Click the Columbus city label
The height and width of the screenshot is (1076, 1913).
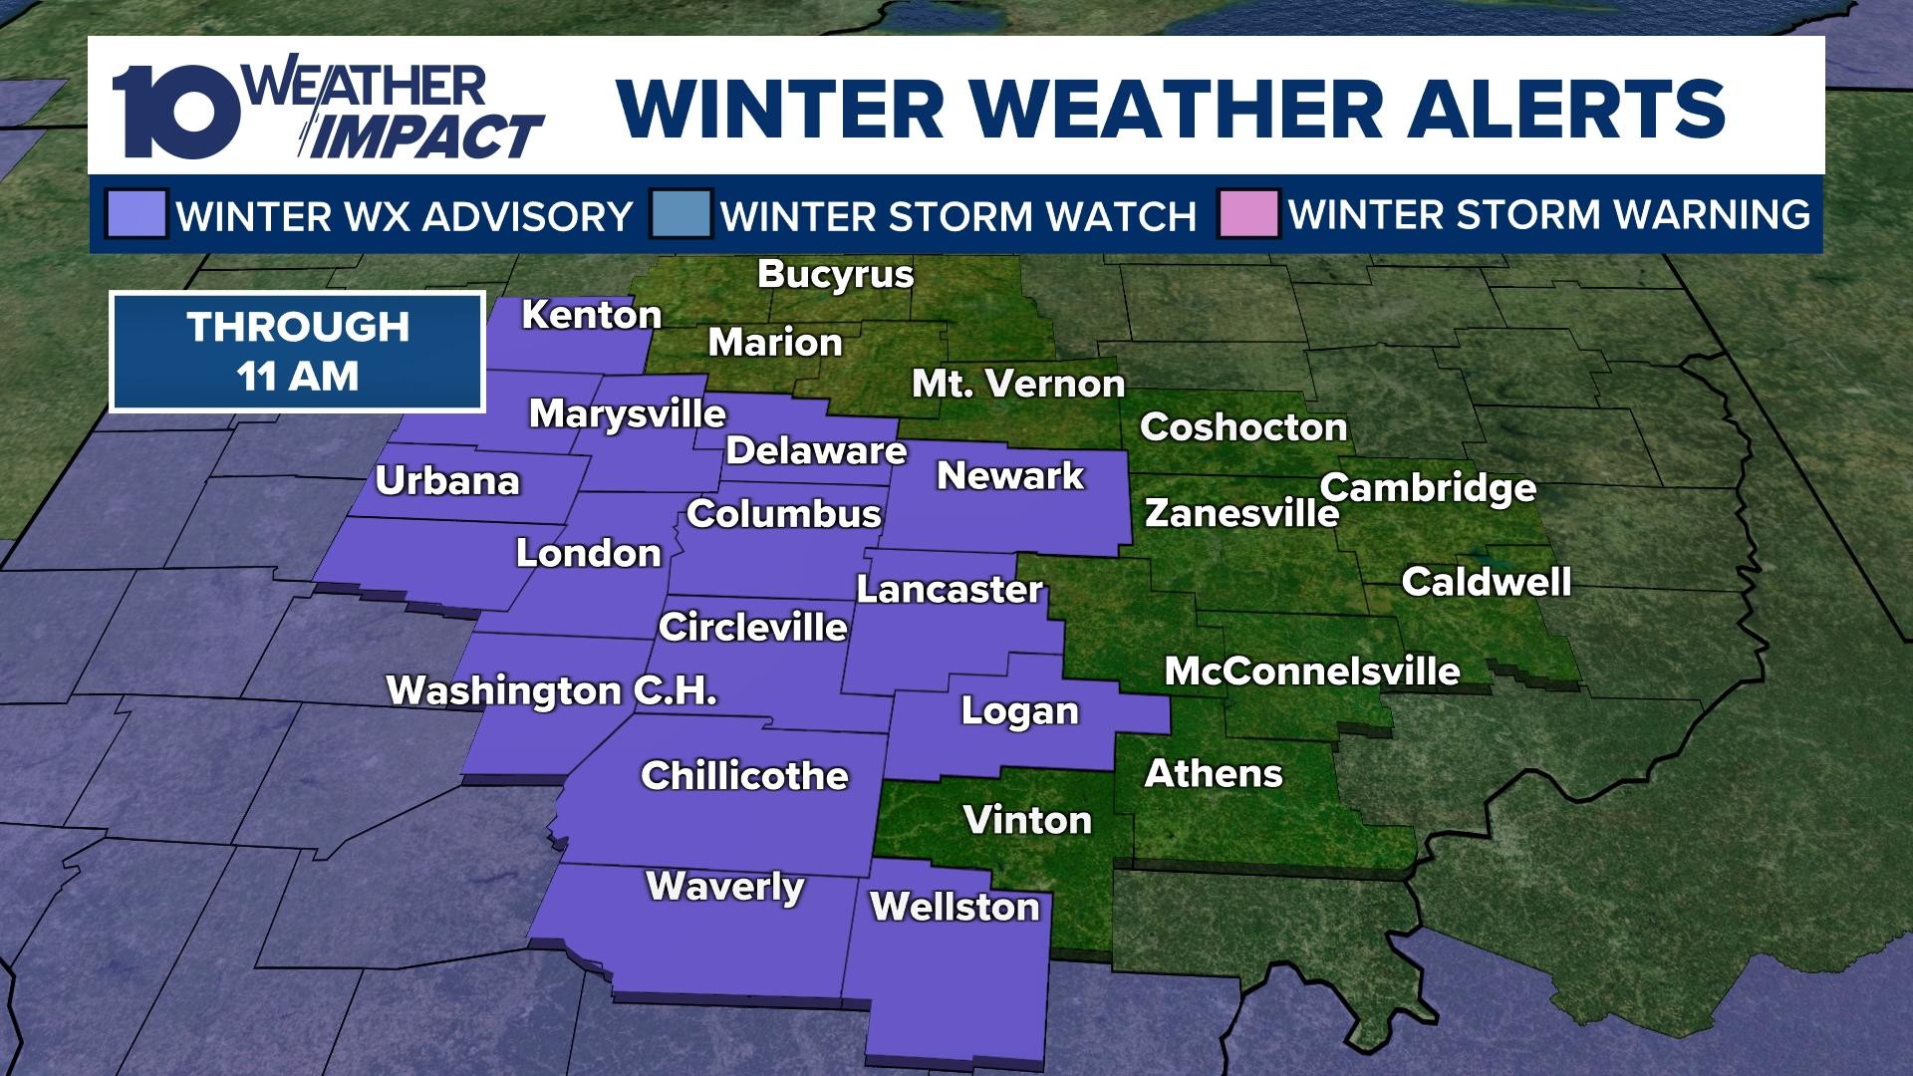point(784,514)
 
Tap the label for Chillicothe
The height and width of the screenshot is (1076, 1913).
point(744,776)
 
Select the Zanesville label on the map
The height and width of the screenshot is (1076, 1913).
point(1241,513)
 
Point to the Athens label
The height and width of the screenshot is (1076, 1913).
point(1214,773)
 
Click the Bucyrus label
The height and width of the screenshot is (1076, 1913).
point(836,274)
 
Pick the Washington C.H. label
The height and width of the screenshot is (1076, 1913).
point(552,690)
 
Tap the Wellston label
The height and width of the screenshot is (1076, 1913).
point(955,907)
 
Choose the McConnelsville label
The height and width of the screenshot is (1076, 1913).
point(1312,672)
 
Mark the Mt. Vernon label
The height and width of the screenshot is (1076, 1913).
point(1018,384)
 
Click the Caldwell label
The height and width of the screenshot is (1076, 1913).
point(1486,582)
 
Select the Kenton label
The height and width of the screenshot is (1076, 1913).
point(592,316)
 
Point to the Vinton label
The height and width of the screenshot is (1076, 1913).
point(1027,820)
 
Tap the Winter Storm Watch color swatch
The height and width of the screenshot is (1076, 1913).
point(681,214)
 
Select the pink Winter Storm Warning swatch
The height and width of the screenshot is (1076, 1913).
point(1247,214)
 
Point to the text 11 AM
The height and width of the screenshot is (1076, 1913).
point(297,377)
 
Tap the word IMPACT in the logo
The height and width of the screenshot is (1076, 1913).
point(428,137)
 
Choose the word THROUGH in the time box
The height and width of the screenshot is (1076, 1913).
point(298,327)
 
